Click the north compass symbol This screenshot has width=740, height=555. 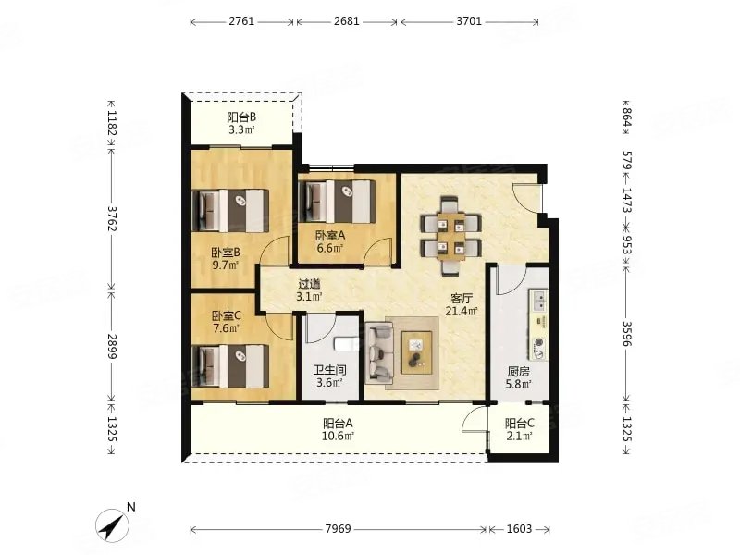click(x=112, y=524)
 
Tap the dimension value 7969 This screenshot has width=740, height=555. click(x=338, y=529)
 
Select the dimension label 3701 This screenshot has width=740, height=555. click(x=469, y=21)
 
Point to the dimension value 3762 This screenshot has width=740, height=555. click(x=112, y=218)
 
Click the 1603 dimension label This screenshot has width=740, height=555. click(x=519, y=529)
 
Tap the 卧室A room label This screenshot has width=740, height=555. click(x=330, y=235)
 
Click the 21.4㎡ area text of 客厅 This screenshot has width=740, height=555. click(x=462, y=311)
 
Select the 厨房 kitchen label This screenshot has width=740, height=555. click(x=519, y=372)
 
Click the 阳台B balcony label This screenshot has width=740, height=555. click(x=241, y=117)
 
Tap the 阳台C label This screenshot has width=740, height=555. click(x=520, y=424)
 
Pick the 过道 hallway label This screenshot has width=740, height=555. click(x=310, y=284)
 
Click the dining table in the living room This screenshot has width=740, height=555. click(x=451, y=237)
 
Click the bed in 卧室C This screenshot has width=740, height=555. click(x=230, y=366)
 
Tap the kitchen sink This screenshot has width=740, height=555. click(x=539, y=301)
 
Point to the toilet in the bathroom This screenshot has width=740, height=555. click(x=344, y=344)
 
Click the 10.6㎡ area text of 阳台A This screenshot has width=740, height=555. click(x=338, y=436)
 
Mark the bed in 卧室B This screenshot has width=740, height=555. click(x=230, y=211)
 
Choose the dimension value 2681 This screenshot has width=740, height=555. click(x=346, y=21)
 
